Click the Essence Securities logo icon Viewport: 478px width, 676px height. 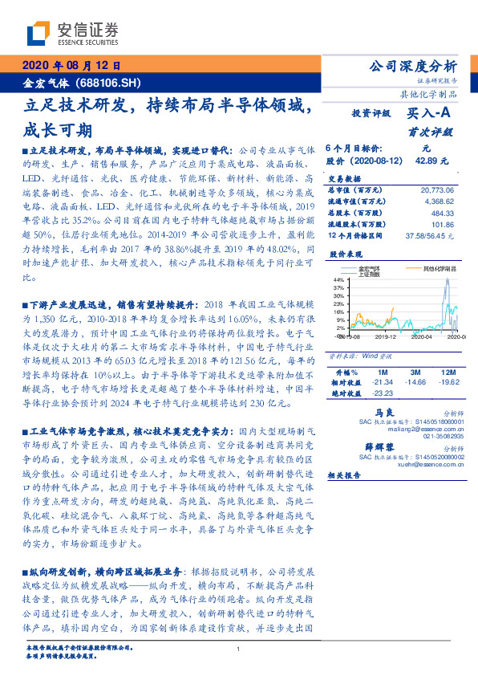click(37, 33)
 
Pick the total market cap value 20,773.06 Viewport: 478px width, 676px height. click(436, 188)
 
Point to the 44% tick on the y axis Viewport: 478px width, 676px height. click(340, 279)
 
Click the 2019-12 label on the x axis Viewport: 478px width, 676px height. click(388, 338)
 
